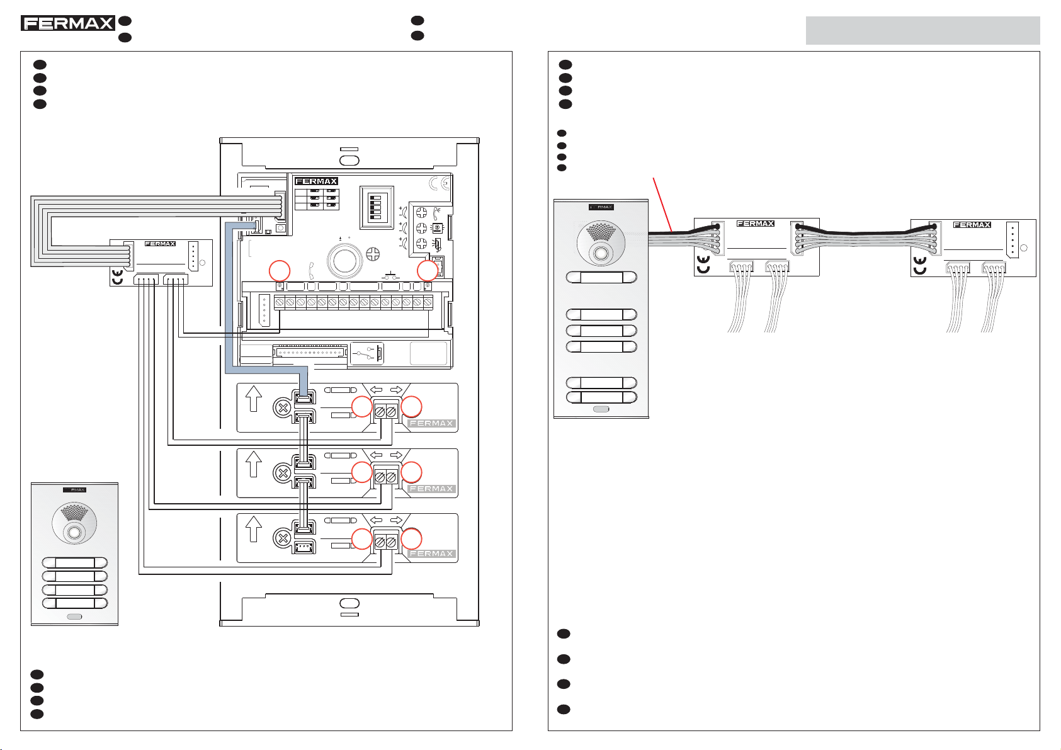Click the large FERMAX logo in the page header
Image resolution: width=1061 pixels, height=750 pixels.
point(67,24)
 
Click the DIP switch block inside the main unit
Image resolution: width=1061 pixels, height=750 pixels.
point(376,207)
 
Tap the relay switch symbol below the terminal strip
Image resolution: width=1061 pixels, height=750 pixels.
point(367,353)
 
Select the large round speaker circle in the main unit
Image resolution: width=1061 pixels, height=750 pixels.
point(344,261)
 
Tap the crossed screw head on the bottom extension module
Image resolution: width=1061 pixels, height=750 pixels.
point(283,538)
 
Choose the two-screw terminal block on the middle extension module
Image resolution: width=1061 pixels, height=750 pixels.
point(385,477)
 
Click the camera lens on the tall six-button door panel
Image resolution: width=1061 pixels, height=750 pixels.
point(601,254)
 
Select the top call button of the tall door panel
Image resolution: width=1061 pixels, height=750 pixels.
point(601,277)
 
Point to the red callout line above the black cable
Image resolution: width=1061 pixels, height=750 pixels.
point(664,205)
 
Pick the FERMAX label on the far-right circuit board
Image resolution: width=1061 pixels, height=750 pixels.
point(972,225)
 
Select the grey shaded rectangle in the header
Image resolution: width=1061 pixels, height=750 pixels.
point(922,30)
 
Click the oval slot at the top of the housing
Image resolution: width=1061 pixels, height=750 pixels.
point(349,159)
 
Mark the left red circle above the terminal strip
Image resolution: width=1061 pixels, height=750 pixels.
point(280,271)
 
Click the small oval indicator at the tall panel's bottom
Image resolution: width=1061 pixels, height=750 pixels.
point(601,409)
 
